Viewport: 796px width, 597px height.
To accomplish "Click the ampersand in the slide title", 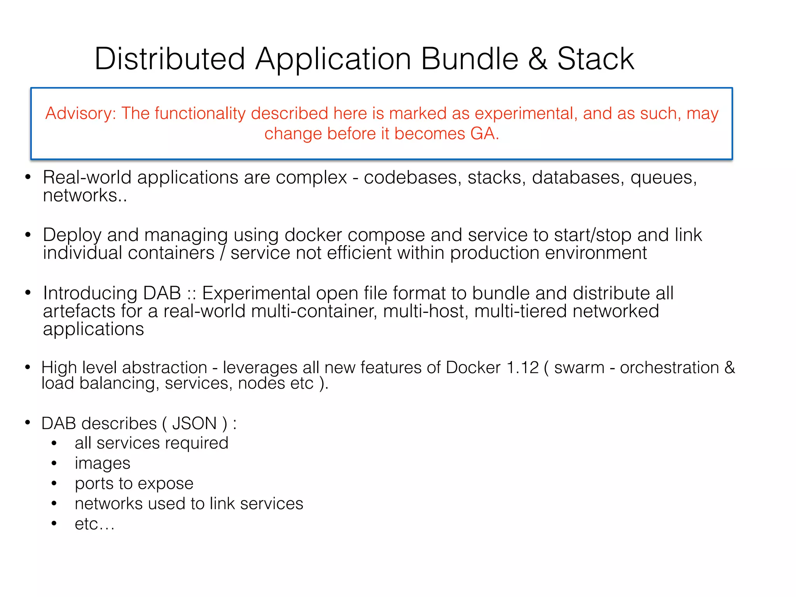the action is click(538, 59).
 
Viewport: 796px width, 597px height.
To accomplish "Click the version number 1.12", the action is click(523, 368).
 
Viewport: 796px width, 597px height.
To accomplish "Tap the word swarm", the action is click(579, 368).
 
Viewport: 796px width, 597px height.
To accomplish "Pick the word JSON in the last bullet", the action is click(194, 423).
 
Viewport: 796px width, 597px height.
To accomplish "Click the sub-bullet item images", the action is click(103, 463).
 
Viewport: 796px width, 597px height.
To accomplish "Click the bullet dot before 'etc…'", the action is click(54, 524).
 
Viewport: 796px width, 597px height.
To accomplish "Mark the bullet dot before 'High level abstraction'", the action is click(28, 367).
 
